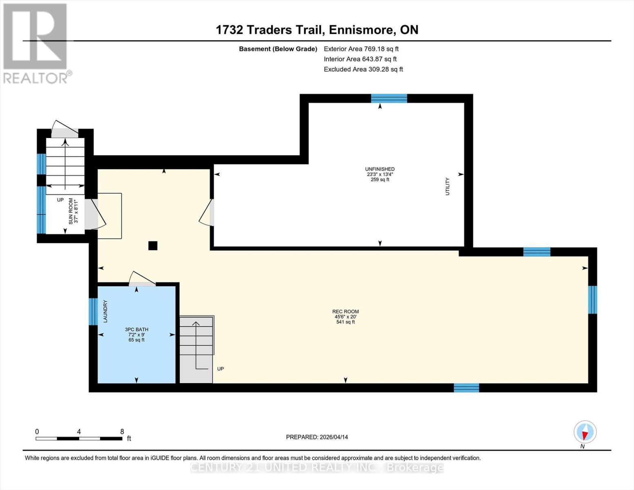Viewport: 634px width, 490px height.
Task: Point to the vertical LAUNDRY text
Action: tap(105, 311)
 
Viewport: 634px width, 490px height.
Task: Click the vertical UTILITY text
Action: tap(447, 186)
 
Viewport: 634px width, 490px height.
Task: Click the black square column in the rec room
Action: tap(153, 245)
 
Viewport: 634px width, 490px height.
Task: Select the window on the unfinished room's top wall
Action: tap(389, 98)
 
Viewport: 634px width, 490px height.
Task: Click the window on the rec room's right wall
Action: tap(592, 299)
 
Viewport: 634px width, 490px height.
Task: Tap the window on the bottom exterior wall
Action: tap(466, 388)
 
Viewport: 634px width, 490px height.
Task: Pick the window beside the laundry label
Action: tap(93, 312)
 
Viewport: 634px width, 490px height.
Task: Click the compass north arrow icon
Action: tap(585, 432)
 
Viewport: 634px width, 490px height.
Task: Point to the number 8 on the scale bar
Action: tap(122, 432)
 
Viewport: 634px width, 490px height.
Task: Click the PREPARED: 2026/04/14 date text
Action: tap(317, 437)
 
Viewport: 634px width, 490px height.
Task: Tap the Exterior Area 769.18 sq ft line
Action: tap(361, 49)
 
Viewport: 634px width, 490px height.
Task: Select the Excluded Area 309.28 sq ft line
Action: tap(363, 69)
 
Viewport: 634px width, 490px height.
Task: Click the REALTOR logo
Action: tap(36, 43)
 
